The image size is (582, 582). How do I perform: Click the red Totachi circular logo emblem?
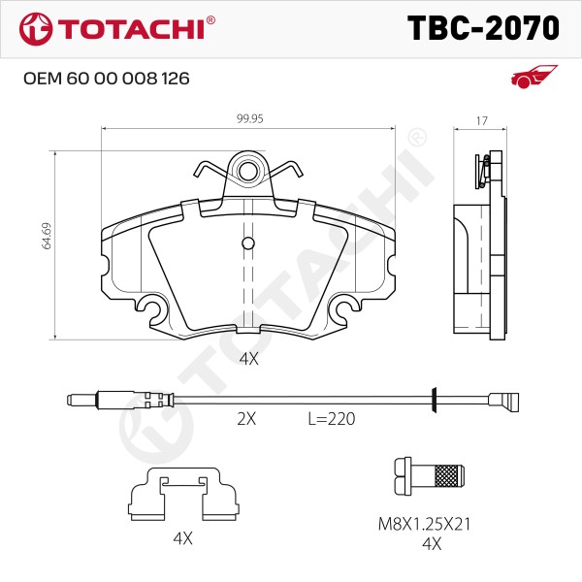coord(36,29)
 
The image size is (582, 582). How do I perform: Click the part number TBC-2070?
coord(483,28)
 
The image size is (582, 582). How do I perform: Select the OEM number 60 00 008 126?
coord(128,79)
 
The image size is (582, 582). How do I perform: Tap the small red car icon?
coord(533,77)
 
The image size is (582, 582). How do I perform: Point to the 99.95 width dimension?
coord(250,118)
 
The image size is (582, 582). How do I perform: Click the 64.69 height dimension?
coord(47,236)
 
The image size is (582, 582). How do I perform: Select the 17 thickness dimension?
coord(481,121)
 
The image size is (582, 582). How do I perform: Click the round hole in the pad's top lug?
coord(248,171)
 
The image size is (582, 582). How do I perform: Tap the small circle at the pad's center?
coord(248,243)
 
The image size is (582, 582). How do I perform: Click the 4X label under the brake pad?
coord(248,359)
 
